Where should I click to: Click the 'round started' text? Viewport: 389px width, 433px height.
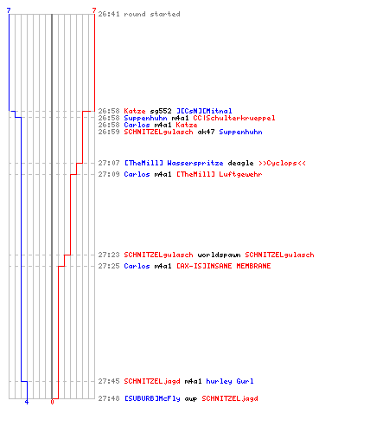[x=152, y=14]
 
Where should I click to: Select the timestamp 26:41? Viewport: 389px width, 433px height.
[x=109, y=14]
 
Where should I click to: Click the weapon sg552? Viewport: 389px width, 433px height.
[x=161, y=111]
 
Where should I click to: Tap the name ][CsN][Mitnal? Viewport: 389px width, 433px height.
[x=204, y=111]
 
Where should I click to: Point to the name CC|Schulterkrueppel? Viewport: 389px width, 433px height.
[x=234, y=118]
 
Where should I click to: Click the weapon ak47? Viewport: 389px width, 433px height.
[x=206, y=132]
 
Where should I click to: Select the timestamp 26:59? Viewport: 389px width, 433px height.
[x=109, y=132]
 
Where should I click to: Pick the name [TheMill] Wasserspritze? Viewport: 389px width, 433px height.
[x=174, y=163]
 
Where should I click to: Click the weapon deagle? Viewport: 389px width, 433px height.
[x=240, y=163]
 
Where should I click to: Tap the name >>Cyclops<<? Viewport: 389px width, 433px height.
[x=282, y=163]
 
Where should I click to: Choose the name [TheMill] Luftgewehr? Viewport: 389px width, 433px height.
[x=220, y=174]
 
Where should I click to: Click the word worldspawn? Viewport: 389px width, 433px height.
[x=219, y=255]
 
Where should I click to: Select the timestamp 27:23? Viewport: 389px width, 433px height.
[x=109, y=255]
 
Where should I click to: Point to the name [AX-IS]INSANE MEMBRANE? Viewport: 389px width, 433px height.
[x=224, y=266]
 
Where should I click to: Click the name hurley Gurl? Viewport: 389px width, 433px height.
[x=230, y=381]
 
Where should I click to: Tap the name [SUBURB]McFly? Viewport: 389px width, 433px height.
[x=152, y=398]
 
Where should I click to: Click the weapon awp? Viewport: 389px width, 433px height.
[x=191, y=399]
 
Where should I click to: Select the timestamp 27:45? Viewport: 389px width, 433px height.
[x=109, y=381]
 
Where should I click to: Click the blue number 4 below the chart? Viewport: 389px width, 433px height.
[x=27, y=402]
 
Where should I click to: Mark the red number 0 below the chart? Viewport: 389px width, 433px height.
[x=52, y=402]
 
